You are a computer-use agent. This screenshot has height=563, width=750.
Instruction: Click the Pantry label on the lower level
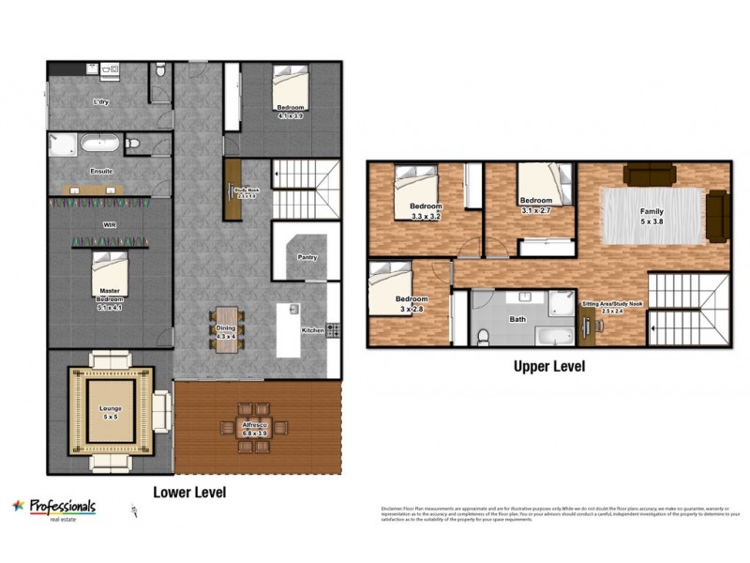coord(307,257)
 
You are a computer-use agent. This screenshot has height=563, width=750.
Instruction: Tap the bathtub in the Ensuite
coord(99,145)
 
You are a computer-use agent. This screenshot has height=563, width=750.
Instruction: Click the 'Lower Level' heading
coord(188,492)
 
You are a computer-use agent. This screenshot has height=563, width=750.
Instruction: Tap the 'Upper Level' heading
coord(548,367)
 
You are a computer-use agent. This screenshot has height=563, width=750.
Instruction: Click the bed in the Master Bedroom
coord(112,278)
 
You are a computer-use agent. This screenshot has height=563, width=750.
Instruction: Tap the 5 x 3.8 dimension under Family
coord(652,221)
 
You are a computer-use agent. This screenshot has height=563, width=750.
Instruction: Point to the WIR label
coord(110,225)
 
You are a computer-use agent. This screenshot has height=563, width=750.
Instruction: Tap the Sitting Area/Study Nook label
coord(612,305)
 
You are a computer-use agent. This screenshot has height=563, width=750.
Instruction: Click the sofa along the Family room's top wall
coord(650,173)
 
